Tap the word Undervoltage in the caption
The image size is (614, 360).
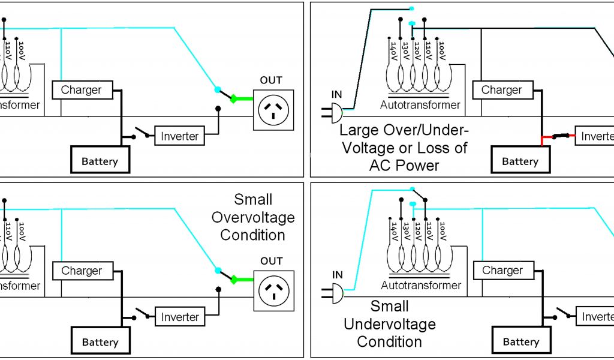(389, 324)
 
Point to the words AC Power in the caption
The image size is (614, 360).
(405, 165)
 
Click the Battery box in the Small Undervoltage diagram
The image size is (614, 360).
(520, 341)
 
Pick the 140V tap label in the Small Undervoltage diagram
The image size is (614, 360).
(394, 233)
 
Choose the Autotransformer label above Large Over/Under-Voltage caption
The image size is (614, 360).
(420, 105)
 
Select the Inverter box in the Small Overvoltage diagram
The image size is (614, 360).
(180, 317)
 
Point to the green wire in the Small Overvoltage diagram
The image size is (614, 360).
(243, 279)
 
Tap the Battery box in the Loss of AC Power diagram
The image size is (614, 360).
(520, 161)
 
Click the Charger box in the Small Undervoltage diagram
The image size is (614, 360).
(502, 271)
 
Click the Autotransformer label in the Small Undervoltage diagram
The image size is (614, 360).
(421, 285)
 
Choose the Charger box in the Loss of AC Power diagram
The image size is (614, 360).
(501, 90)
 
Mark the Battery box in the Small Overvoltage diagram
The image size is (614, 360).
(100, 342)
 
